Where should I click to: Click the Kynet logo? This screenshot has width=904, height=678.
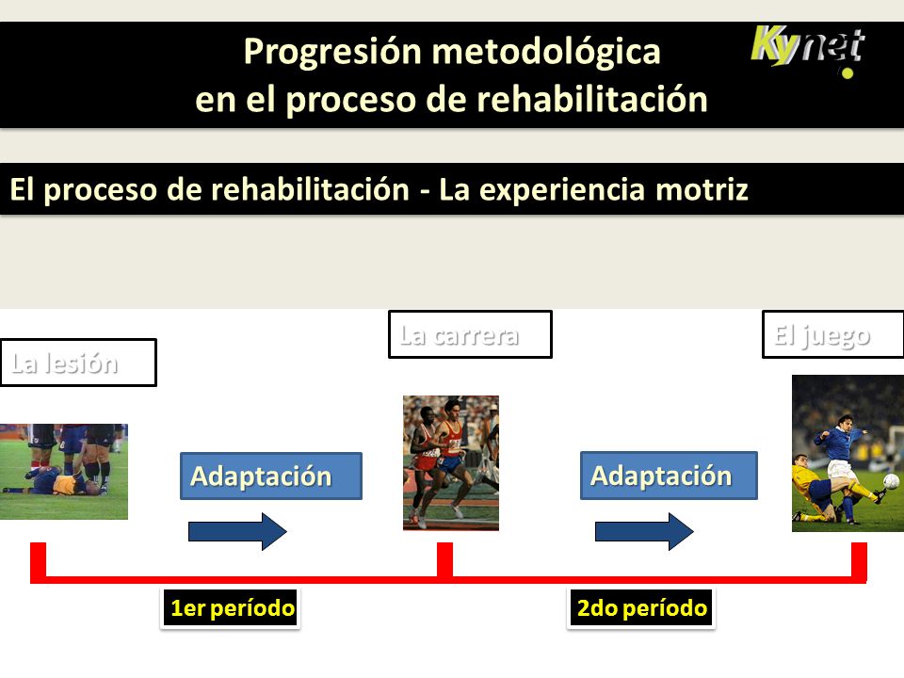[x=808, y=48]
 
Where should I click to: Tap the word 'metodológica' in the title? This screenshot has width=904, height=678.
[x=546, y=52]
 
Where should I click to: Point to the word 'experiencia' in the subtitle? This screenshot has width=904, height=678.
[x=561, y=190]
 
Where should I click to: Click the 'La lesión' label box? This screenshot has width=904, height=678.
[x=78, y=363]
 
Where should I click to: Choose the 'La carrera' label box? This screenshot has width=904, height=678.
[x=470, y=334]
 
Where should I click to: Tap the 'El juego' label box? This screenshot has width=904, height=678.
[x=832, y=334]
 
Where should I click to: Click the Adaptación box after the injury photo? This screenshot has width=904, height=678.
[x=271, y=476]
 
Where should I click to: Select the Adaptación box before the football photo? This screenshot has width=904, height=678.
[x=669, y=475]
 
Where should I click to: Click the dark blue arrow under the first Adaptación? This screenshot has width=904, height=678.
[x=237, y=531]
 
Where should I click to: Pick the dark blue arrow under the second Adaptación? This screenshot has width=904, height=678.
[x=644, y=531]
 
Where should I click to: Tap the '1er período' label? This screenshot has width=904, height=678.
[x=231, y=607]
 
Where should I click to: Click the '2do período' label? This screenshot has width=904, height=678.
[x=641, y=607]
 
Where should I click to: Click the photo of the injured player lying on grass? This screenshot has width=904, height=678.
[x=63, y=472]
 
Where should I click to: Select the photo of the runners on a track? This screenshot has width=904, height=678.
[x=451, y=463]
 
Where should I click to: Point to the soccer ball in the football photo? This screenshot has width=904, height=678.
[x=892, y=481]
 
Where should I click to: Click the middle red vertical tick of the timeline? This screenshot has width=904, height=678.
[x=444, y=559]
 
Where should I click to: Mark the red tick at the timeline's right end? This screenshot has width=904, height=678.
[x=859, y=561]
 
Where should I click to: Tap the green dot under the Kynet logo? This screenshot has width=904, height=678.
[x=847, y=73]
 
